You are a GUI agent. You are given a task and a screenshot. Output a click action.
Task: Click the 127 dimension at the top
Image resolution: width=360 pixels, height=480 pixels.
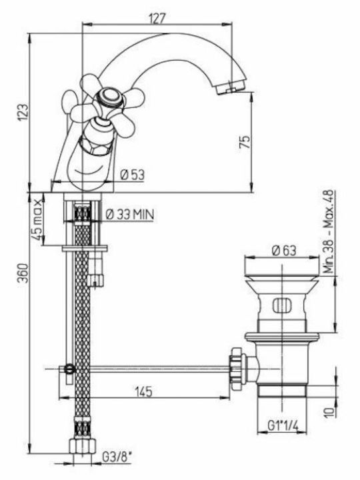click(157, 19)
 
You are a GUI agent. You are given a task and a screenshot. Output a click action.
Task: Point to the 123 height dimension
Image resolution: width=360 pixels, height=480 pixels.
click(24, 112)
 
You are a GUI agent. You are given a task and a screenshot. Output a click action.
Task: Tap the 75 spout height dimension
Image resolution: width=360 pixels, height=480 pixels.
click(245, 142)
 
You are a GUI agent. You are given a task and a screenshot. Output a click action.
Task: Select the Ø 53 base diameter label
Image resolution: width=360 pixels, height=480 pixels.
click(132, 175)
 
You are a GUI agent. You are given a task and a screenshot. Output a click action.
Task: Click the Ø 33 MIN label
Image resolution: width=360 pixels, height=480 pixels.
click(130, 214)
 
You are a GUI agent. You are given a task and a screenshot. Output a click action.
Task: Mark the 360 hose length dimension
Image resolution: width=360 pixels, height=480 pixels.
click(24, 273)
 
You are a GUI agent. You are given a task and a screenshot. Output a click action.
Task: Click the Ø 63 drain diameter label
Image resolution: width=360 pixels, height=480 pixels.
click(285, 251)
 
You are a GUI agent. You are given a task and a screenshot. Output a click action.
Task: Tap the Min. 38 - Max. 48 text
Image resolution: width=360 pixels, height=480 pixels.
click(329, 232)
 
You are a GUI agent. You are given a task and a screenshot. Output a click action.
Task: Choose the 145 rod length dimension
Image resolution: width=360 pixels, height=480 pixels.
click(143, 391)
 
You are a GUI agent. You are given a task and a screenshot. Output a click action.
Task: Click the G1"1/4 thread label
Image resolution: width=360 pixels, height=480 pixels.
click(283, 425)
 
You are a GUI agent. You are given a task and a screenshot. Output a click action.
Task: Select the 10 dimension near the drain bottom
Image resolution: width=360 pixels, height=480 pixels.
click(329, 411)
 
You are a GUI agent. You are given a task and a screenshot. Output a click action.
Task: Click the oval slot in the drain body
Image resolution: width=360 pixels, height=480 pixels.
click(280, 305)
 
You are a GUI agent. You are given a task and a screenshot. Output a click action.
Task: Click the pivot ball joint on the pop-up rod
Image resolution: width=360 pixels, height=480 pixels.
click(70, 369)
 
